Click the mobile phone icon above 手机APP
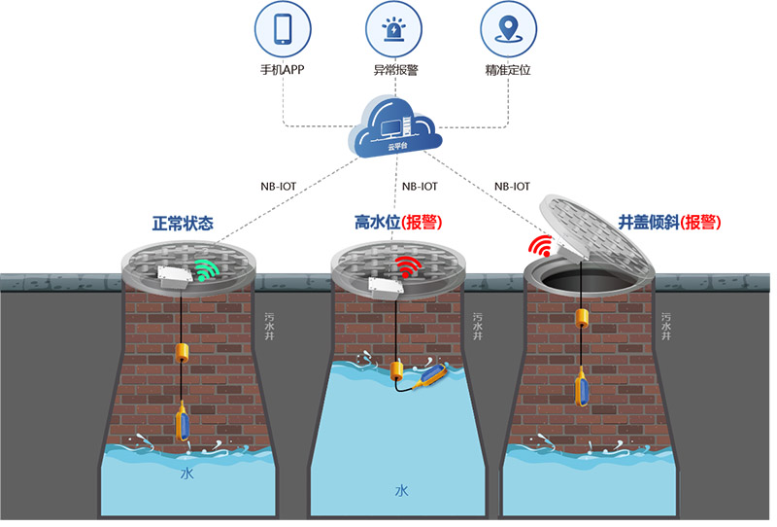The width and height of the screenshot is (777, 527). pos(283,29)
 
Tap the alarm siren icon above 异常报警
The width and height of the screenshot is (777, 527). pos(396,29)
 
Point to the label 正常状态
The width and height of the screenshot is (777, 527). pos(184,223)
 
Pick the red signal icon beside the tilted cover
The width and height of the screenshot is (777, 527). pos(540,245)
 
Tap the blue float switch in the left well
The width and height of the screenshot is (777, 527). pos(183,424)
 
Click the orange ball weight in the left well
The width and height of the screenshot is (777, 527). pos(182,352)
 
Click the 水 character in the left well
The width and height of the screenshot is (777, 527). pos(186,474)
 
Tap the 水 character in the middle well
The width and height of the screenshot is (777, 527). pos(400,491)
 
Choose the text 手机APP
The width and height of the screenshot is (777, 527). pos(283,71)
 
